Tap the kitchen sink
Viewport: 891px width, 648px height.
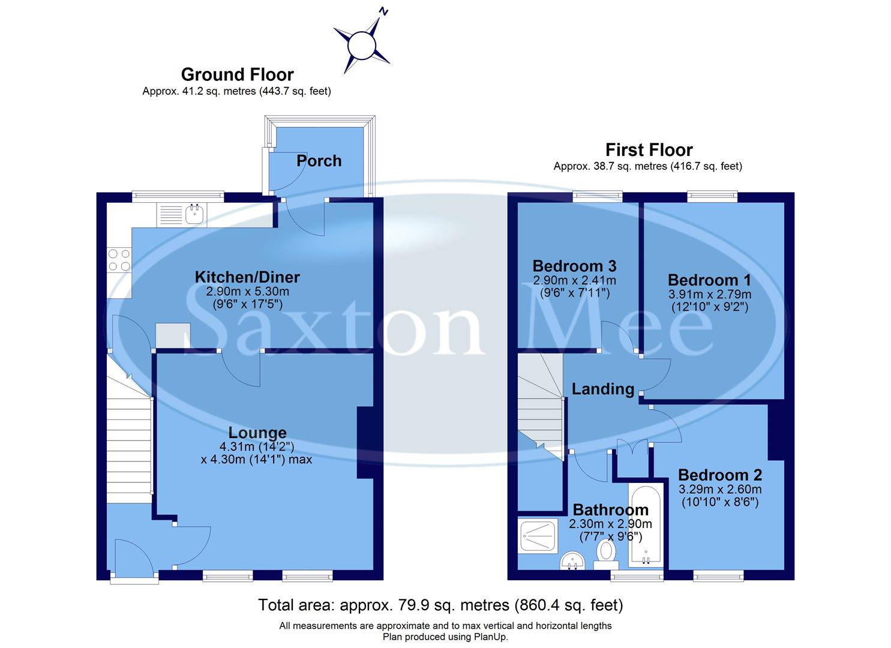194,214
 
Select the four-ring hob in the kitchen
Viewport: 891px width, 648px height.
119,260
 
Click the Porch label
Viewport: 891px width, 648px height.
319,161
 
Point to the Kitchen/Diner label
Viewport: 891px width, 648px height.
247,277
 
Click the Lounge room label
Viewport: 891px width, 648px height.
257,433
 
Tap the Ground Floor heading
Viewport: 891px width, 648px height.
237,74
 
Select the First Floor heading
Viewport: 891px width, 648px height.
649,149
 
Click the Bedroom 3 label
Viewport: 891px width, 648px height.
574,266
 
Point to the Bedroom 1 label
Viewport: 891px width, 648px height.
709,280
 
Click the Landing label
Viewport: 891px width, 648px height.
602,389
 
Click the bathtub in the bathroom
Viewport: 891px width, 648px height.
645,525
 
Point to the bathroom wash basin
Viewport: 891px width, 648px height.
572,562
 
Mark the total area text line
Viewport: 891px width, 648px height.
440,605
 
